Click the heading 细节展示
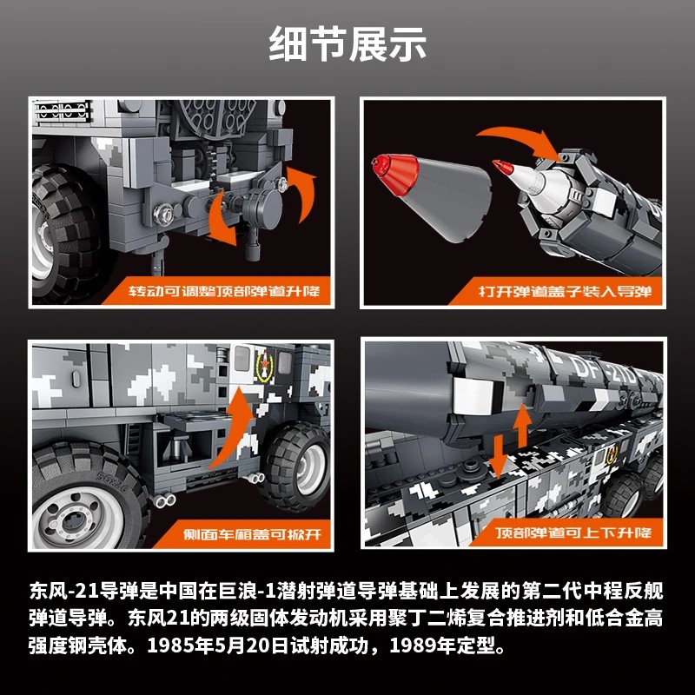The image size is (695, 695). [x=347, y=43]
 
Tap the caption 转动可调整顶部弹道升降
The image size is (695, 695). [x=224, y=291]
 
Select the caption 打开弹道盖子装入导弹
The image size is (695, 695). [x=566, y=291]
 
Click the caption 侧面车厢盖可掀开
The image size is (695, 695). [x=252, y=534]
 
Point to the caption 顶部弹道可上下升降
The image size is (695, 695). [x=573, y=533]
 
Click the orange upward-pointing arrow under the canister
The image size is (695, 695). [x=523, y=426]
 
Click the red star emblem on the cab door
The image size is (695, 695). [x=265, y=365]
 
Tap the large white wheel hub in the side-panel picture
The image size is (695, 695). [x=78, y=518]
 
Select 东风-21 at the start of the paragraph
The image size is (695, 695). [x=64, y=591]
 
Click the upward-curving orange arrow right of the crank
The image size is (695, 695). [x=302, y=193]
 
